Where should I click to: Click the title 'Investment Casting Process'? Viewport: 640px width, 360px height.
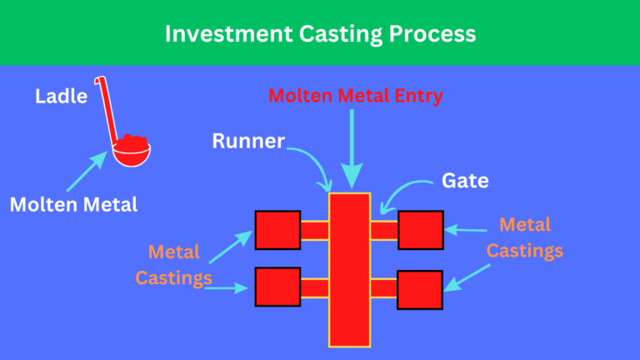tap(320, 33)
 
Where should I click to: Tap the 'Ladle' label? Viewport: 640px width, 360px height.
tap(61, 97)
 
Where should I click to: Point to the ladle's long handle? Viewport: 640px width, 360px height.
tap(107, 108)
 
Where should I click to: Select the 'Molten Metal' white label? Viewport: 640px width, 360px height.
tap(73, 204)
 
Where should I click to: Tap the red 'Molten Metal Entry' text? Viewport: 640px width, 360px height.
tap(355, 96)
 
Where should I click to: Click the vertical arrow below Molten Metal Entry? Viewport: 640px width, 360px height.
tap(351, 146)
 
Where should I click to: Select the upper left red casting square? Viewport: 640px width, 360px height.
tap(277, 230)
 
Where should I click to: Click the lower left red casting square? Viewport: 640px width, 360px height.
tap(277, 287)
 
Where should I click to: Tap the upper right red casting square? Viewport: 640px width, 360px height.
tap(420, 230)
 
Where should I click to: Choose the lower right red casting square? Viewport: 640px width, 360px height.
tap(420, 289)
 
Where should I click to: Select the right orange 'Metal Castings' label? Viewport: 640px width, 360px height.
tap(525, 237)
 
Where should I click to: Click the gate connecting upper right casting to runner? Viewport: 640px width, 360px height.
tap(384, 230)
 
